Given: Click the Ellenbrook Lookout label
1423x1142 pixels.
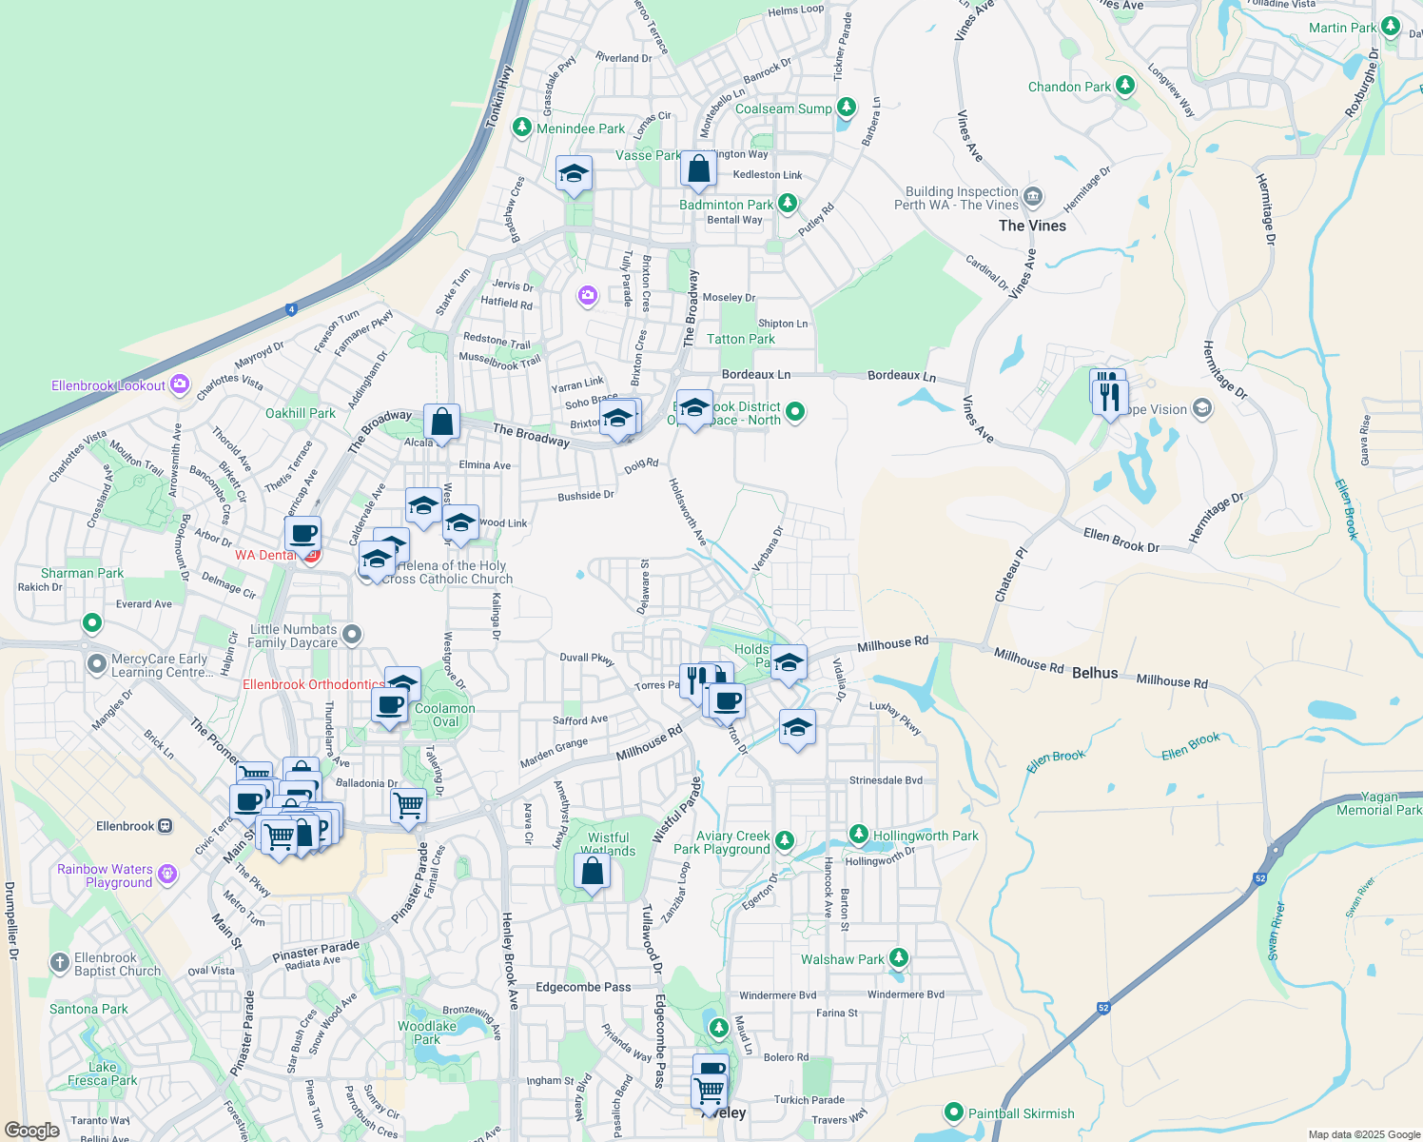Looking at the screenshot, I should tap(108, 385).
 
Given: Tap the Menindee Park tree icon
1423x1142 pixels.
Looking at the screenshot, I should tap(521, 128).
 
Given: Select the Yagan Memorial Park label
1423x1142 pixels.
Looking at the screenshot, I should tap(1379, 803).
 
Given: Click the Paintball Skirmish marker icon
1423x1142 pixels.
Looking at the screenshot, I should tap(954, 1112).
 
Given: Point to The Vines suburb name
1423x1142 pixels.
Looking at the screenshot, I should tap(1032, 226).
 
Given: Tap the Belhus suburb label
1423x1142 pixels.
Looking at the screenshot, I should tap(1095, 673).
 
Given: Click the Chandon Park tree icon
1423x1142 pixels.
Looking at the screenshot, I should tap(1125, 86).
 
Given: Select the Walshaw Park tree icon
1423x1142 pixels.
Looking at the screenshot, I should tap(898, 958).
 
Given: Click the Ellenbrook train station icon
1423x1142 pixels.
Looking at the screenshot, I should tap(166, 826).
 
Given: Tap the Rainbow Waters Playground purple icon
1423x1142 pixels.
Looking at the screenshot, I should tap(167, 873).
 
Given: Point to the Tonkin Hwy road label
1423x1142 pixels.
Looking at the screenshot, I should tap(498, 96).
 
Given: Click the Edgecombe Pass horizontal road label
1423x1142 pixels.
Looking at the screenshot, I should tap(583, 987).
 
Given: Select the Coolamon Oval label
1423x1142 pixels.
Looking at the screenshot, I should tap(444, 715).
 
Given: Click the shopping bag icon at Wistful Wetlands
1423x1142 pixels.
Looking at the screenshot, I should tap(592, 872).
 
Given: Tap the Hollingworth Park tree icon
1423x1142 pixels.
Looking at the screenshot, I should tap(859, 835).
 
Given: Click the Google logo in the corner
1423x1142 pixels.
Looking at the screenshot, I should tap(31, 1131).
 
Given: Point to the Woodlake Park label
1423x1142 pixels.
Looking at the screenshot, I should tap(427, 1033).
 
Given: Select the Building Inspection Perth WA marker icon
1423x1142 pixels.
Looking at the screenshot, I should tap(1033, 198).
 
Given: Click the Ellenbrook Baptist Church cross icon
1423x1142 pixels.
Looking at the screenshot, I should tap(59, 963).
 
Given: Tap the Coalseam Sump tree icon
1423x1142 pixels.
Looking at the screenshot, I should tap(847, 108).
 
